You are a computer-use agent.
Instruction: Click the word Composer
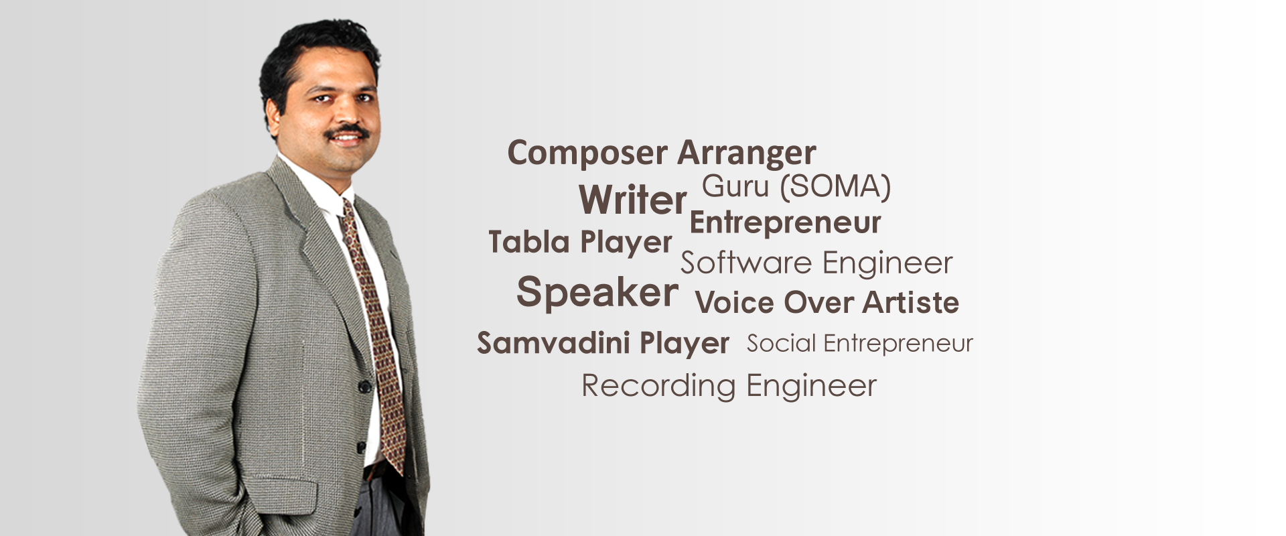click(587, 153)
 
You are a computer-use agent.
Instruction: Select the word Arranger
click(747, 153)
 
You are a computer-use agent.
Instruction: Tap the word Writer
click(633, 200)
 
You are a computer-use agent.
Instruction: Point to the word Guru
click(735, 186)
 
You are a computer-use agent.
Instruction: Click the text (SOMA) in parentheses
click(835, 186)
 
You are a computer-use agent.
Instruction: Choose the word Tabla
click(529, 241)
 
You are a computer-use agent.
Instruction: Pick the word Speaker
click(597, 293)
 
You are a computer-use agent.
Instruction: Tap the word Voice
click(735, 302)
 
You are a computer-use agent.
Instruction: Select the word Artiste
click(910, 302)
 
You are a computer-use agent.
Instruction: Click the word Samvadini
click(553, 342)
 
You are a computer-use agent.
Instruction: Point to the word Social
click(782, 343)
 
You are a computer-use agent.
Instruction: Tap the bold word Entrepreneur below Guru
click(785, 222)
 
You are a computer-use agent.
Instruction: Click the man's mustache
click(347, 131)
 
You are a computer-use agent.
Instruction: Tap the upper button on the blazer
click(364, 387)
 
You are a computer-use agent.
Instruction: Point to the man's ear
click(273, 114)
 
